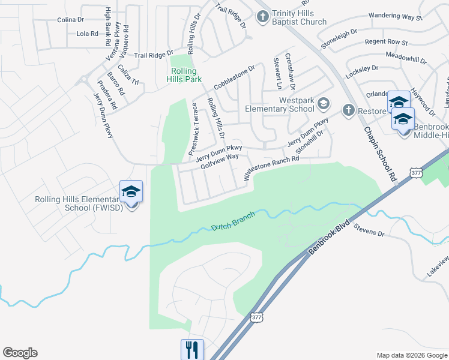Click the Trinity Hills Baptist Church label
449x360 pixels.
coord(291,17)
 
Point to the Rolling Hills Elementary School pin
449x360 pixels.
coord(131,192)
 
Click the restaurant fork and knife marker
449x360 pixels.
coord(192,349)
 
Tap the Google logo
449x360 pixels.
coord(20,353)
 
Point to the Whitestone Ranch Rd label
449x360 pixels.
coord(271,168)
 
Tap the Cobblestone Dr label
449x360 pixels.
coord(234,76)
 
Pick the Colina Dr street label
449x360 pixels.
coord(71,20)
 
